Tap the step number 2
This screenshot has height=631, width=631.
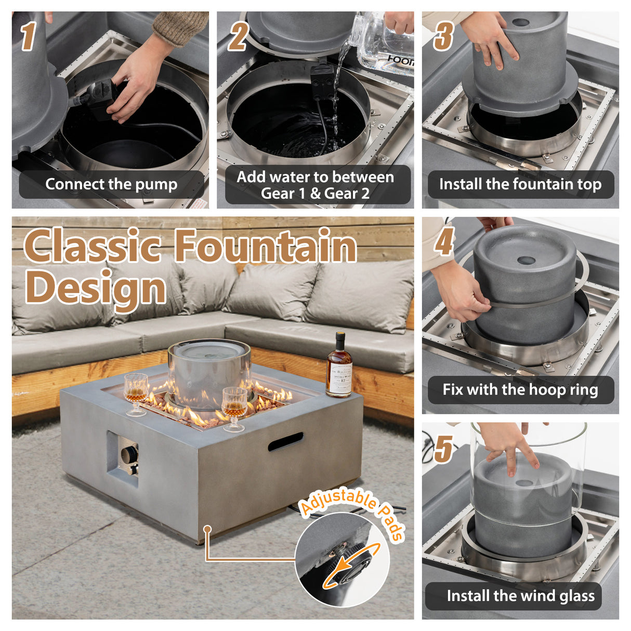(238, 36)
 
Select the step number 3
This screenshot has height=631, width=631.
(443, 36)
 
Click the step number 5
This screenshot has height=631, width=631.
(443, 448)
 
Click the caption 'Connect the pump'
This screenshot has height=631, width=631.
(111, 185)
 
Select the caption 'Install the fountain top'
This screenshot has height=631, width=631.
(520, 185)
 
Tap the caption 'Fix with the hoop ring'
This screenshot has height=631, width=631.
(520, 390)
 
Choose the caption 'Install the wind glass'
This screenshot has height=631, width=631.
(520, 596)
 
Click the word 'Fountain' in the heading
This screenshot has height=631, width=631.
(265, 246)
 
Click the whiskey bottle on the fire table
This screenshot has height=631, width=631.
(339, 366)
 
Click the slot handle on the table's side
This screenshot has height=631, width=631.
(285, 441)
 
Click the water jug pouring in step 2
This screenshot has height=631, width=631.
(385, 44)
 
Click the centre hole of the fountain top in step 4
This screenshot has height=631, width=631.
(525, 260)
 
